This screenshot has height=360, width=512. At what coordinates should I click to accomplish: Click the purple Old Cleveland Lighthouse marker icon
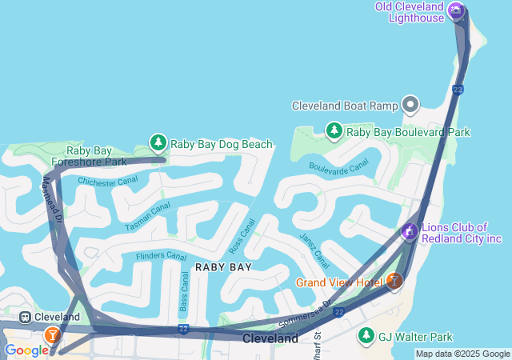[456, 10]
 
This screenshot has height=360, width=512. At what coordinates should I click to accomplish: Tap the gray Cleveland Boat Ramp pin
[410, 105]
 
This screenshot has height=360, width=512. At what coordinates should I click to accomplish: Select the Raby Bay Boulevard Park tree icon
[334, 130]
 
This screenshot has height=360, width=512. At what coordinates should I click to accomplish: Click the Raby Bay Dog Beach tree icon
[158, 143]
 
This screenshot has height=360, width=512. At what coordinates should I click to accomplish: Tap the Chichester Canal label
[107, 181]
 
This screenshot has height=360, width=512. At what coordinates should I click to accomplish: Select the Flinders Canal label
[161, 256]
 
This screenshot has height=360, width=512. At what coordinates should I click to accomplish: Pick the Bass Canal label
[184, 291]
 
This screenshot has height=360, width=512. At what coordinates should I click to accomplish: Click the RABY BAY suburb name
[223, 267]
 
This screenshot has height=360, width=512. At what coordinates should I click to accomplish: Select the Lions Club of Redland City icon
[408, 232]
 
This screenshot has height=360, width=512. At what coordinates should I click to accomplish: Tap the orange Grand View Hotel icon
[394, 281]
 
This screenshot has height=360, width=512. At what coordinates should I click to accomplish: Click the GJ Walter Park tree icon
[366, 335]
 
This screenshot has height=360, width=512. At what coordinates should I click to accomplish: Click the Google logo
[26, 350]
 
